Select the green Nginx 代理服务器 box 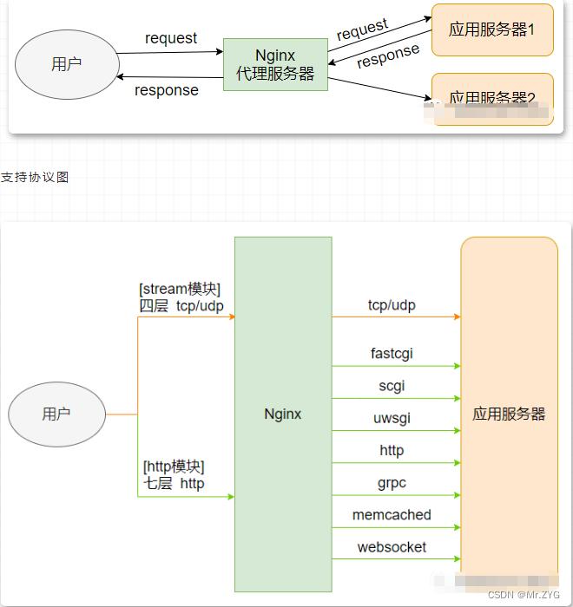point(275,64)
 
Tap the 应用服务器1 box point(491,29)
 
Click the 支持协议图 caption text point(35,177)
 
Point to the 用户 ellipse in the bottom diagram point(56,414)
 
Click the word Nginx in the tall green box point(283,414)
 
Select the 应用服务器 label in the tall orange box point(509,414)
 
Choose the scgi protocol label point(392,386)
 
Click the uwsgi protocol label point(392,418)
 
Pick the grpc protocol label point(392,482)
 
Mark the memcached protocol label point(392,514)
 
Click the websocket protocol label point(392,547)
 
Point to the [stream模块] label point(180,289)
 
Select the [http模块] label point(174,467)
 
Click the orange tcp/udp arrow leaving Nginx point(396,317)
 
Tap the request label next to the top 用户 point(171,38)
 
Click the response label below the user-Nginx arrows point(167,90)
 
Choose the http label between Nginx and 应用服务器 point(392,450)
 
